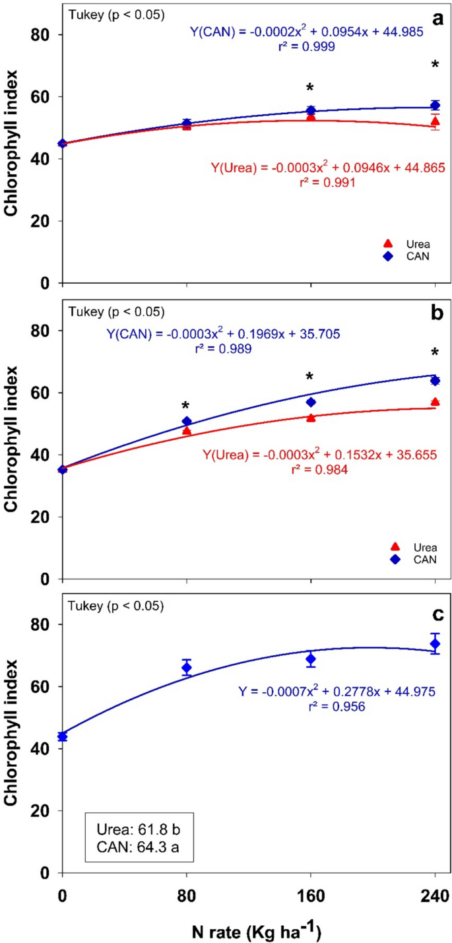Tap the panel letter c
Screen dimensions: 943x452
[436, 613]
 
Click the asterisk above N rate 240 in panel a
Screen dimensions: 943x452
[435, 65]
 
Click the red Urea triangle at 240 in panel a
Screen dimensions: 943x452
[435, 121]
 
